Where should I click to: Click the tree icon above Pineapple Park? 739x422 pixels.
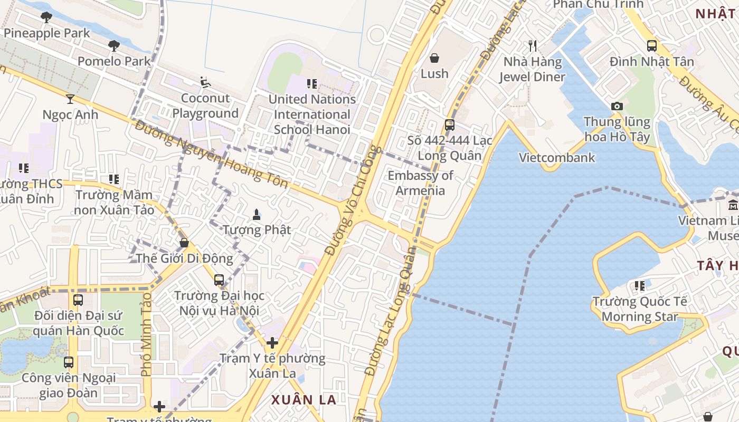[x=46, y=17]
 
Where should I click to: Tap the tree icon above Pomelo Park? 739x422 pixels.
[x=113, y=46]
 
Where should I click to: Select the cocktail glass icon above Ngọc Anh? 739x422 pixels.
[x=70, y=99]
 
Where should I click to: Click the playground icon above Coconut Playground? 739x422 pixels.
[x=205, y=82]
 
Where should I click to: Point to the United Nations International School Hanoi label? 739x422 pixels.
[x=312, y=114]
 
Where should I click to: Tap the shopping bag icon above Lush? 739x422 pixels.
[x=434, y=57]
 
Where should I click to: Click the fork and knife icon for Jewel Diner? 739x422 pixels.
[x=532, y=46]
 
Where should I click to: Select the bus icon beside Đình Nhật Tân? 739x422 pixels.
[x=652, y=46]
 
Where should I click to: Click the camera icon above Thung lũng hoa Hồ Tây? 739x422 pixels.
[x=617, y=107]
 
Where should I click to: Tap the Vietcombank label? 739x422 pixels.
[x=557, y=157]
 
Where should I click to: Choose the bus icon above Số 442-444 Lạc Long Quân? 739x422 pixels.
[x=449, y=125]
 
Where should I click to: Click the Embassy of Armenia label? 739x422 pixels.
[x=420, y=183]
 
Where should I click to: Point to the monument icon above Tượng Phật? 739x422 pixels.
[x=257, y=214]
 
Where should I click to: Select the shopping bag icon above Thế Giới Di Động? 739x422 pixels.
[x=184, y=243]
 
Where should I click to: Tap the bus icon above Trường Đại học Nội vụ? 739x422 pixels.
[x=219, y=280]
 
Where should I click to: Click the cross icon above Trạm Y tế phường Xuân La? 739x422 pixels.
[x=272, y=343]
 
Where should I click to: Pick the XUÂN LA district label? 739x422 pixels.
[x=304, y=399]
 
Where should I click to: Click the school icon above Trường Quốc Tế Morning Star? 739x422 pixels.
[x=640, y=286]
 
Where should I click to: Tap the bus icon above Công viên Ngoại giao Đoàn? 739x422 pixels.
[x=69, y=362]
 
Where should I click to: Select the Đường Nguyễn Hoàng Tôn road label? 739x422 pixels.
[x=211, y=154]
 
